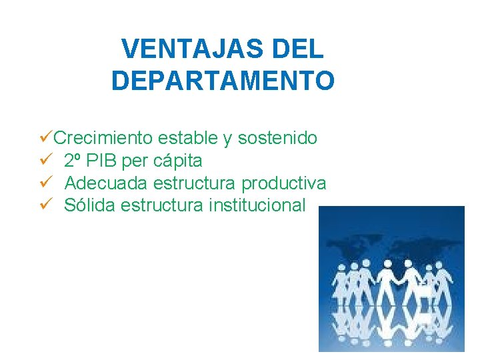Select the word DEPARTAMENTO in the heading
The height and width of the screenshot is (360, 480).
coord(223,81)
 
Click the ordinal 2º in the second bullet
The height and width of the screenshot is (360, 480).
coord(74,161)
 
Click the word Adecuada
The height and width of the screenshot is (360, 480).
coord(106,183)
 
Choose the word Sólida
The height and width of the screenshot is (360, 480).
coord(91,205)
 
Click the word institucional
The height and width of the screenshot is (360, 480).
coord(257,205)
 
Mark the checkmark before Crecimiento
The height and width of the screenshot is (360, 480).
coord(46,138)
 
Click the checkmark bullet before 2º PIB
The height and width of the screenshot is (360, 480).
coord(46,161)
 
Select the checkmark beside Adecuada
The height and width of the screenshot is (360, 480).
coord(46,183)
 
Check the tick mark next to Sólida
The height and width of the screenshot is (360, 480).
coord(46,205)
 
